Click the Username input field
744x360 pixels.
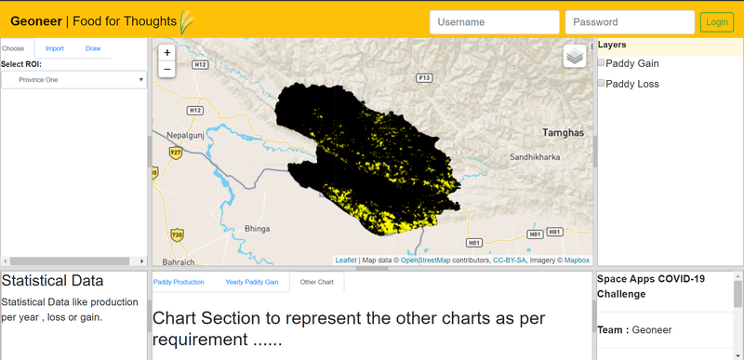coord(494,22)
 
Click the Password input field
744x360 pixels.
coord(630,22)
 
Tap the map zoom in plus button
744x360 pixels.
coord(166,53)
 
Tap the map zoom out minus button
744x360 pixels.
coord(166,70)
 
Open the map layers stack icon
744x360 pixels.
coord(575,57)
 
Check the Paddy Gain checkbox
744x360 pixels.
coord(601,62)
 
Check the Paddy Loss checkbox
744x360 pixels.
coord(601,83)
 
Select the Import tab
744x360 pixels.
coord(55,48)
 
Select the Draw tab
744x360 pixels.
coord(93,48)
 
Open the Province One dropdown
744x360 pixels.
coord(73,80)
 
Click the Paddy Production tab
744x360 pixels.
coord(179,281)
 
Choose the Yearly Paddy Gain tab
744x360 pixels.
coord(251,281)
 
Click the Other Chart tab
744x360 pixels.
coord(316,281)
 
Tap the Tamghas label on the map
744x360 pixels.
coord(564,133)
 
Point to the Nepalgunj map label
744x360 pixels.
coord(179,134)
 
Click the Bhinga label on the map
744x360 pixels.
coord(256,227)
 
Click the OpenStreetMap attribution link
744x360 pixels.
coord(425,260)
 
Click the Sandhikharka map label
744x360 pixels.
coord(535,157)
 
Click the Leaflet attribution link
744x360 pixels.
coord(346,260)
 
